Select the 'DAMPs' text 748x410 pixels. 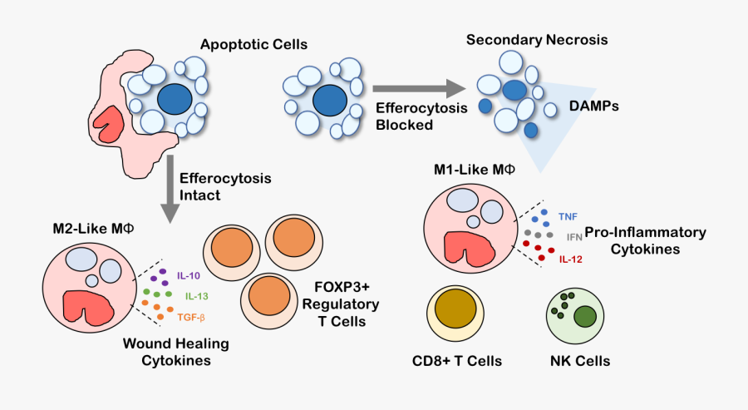click(x=594, y=108)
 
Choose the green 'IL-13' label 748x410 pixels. click(x=197, y=295)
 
